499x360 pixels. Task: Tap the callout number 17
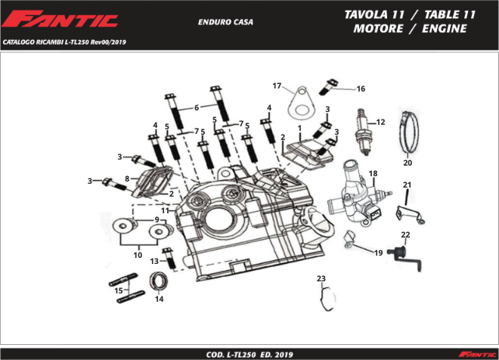(x=277, y=85)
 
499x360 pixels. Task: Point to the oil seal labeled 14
(x=160, y=282)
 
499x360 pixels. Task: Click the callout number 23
(x=321, y=279)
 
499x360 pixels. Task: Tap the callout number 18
(x=373, y=175)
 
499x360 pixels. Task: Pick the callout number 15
(x=118, y=290)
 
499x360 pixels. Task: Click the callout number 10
(x=138, y=256)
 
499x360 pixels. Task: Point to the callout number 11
(x=165, y=209)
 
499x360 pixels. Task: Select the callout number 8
(x=127, y=178)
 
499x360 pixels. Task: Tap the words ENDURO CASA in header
(x=225, y=22)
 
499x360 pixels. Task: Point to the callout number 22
(x=405, y=235)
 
